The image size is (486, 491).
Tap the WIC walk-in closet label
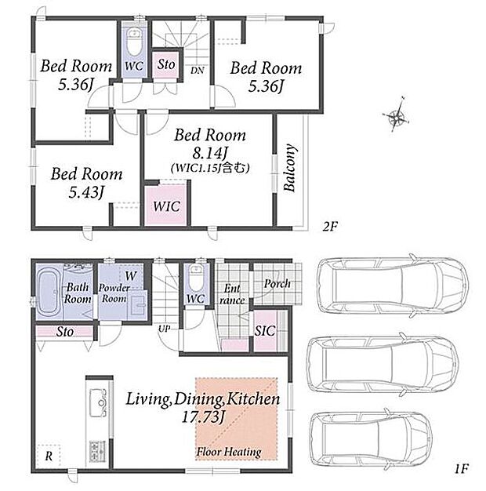click(167, 206)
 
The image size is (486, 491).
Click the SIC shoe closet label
click(265, 331)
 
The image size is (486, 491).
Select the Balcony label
click(290, 167)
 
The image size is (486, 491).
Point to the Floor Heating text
click(229, 452)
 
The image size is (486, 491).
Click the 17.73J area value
click(204, 417)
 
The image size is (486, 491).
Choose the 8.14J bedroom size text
click(209, 154)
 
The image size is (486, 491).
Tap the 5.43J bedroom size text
click(86, 192)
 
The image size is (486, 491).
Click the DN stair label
click(198, 71)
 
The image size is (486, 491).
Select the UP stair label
click(165, 329)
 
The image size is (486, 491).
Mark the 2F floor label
click(330, 226)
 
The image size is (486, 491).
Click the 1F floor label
click(461, 469)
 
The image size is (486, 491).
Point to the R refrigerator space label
click(49, 456)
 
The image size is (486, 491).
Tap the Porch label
click(277, 284)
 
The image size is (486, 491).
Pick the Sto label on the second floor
click(166, 64)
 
